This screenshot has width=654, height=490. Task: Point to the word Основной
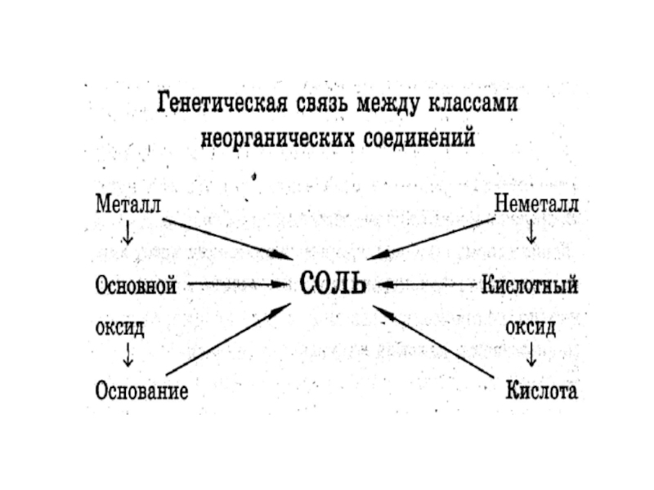click(x=137, y=286)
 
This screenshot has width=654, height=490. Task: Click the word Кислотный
click(x=531, y=286)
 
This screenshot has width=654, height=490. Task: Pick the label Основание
click(x=141, y=390)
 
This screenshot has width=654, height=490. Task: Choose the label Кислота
click(x=541, y=390)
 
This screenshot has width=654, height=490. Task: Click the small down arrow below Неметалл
click(x=532, y=235)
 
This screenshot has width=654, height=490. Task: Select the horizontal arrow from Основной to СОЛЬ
click(x=237, y=285)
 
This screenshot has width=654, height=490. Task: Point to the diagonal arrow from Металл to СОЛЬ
click(x=225, y=238)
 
